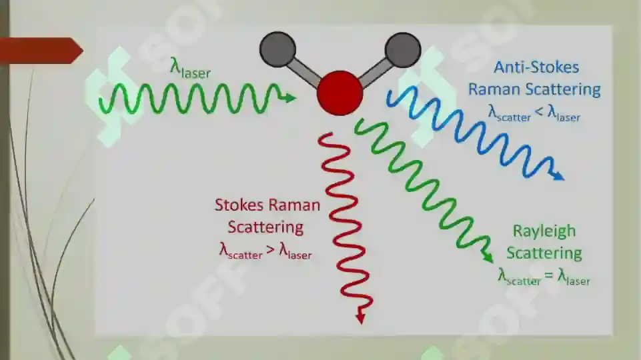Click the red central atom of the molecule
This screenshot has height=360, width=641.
tap(340, 93)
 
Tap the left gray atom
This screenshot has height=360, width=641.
tap(277, 49)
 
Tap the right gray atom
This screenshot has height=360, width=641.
tap(403, 50)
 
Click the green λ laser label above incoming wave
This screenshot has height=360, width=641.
tap(191, 68)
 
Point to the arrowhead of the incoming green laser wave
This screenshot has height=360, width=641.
tap(290, 97)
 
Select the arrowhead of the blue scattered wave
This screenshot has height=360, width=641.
tap(558, 176)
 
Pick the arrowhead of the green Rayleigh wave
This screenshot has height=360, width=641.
tap(488, 257)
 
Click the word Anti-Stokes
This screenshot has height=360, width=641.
tap(536, 67)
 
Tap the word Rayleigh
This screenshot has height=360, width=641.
tap(544, 232)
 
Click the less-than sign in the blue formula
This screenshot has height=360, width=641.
tap(539, 111)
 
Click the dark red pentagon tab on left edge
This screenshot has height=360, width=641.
tap(41, 51)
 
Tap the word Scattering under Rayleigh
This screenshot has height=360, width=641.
tap(544, 253)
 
